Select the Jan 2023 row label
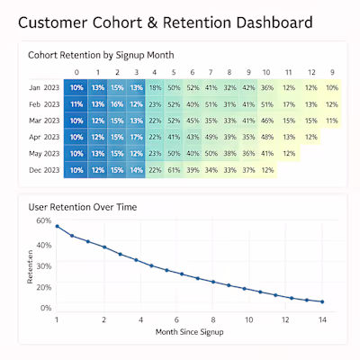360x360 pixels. (x=44, y=88)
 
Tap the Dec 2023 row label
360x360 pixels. (x=44, y=170)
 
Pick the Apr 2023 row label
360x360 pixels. (x=44, y=137)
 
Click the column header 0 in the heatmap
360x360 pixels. (x=76, y=72)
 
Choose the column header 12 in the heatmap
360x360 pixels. (x=310, y=72)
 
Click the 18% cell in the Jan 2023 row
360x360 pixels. (x=155, y=88)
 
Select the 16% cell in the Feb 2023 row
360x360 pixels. (x=116, y=104)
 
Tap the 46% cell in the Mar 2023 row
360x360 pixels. (x=266, y=121)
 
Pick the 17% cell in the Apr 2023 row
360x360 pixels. (x=136, y=137)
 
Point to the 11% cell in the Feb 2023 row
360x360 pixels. (x=76, y=104)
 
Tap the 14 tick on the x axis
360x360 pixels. (x=321, y=319)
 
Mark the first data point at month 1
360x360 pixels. (x=57, y=227)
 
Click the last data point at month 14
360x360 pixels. (x=321, y=301)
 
